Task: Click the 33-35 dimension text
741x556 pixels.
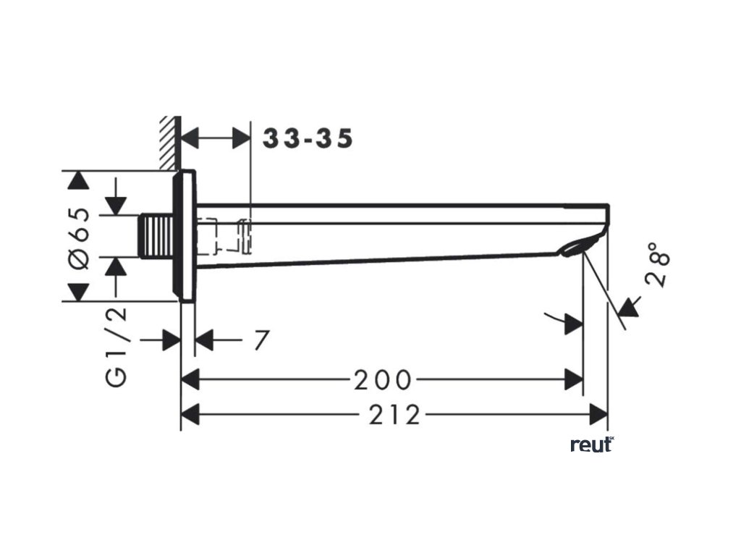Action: click(308, 138)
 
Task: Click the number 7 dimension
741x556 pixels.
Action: click(261, 339)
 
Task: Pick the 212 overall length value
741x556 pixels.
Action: click(394, 415)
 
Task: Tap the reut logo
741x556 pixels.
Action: click(591, 445)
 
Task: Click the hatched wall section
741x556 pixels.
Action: click(169, 141)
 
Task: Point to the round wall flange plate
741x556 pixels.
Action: click(185, 235)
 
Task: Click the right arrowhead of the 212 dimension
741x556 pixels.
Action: click(598, 415)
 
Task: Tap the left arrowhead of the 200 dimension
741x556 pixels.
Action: click(190, 379)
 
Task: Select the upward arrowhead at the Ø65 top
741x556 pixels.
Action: click(78, 180)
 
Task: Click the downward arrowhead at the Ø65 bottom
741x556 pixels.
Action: click(78, 292)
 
